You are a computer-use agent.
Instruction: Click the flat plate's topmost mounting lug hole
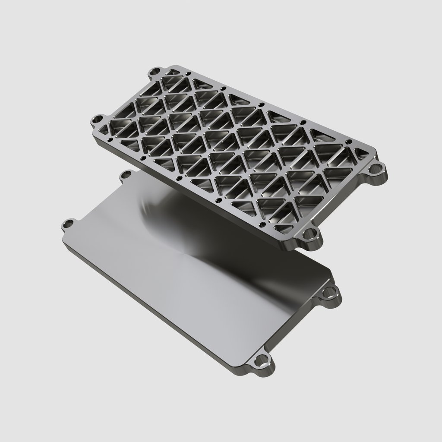(x=126, y=174)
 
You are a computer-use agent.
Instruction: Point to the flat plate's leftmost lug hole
(x=68, y=224)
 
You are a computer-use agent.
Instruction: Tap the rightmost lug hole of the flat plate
(x=331, y=294)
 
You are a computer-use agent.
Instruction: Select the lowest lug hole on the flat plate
(x=261, y=360)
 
